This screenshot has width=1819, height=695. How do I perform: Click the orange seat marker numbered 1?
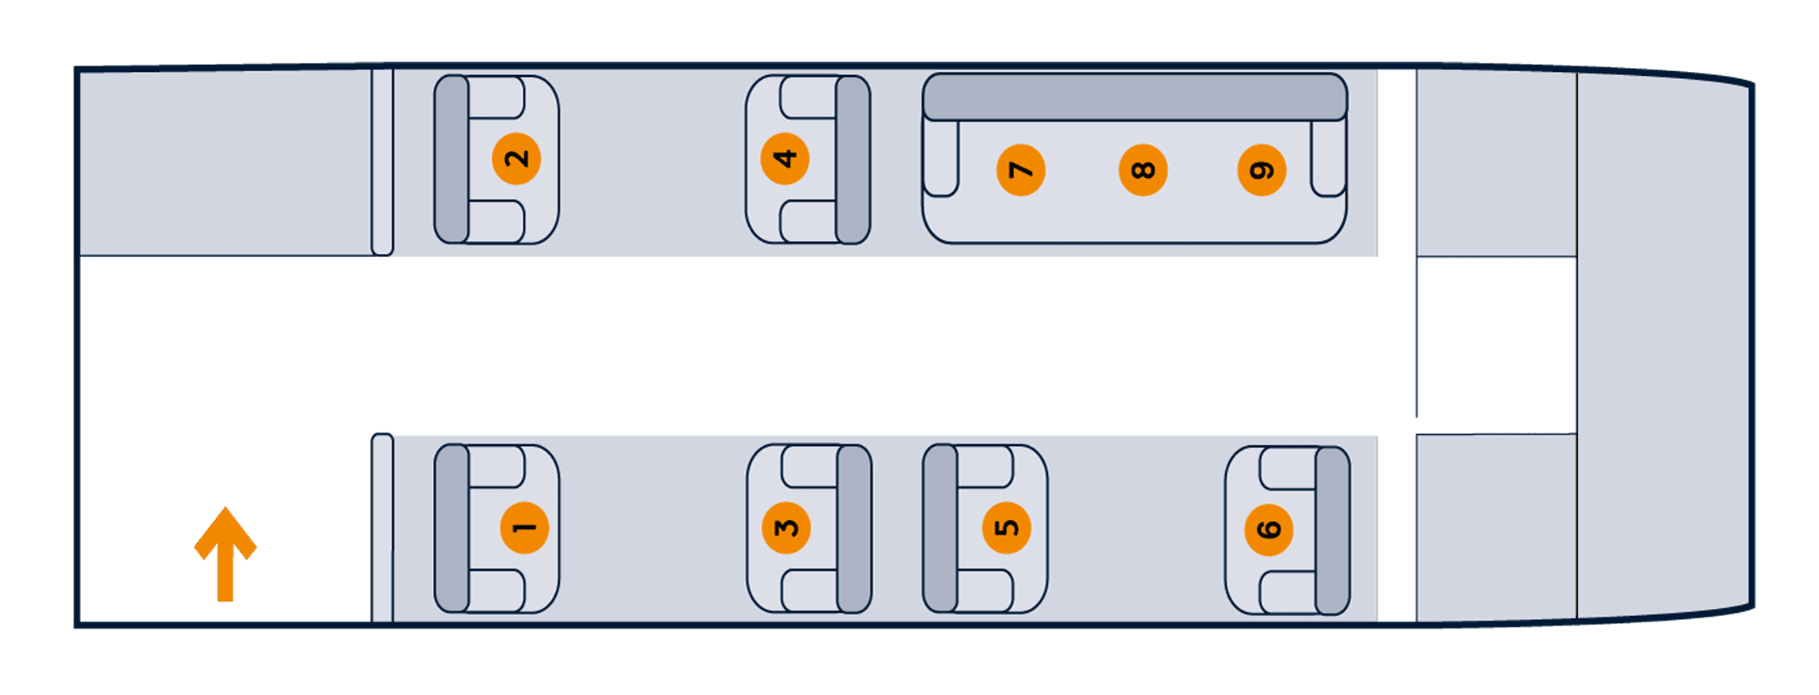tap(524, 528)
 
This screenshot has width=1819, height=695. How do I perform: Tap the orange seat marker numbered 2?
tap(516, 158)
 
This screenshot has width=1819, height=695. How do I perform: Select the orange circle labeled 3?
tap(786, 528)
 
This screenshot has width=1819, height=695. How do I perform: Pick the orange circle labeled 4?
tap(785, 158)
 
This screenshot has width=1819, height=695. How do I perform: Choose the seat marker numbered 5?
tap(1007, 528)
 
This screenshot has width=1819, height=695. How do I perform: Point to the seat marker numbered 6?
tap(1269, 530)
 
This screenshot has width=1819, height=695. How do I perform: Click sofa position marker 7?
tap(1021, 170)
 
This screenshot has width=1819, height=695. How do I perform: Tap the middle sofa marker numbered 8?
tap(1143, 170)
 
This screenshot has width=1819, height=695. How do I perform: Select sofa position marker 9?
tap(1261, 170)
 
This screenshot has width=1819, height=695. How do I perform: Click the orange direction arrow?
tap(225, 553)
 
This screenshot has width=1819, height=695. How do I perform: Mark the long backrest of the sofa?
tap(1135, 97)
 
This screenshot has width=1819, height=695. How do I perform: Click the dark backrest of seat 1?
tap(452, 528)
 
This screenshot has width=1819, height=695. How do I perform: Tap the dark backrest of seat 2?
tap(452, 159)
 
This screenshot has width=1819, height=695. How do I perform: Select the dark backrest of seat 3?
tap(854, 529)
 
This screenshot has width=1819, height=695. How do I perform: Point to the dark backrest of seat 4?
tap(853, 160)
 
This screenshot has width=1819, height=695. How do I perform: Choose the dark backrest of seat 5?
tap(940, 528)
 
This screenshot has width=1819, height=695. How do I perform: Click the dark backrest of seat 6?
tap(1333, 531)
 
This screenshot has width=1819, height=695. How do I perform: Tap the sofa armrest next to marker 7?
tap(941, 158)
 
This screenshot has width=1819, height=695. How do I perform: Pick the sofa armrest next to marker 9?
tap(1329, 158)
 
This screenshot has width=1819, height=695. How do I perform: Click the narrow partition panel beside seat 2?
tap(382, 162)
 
